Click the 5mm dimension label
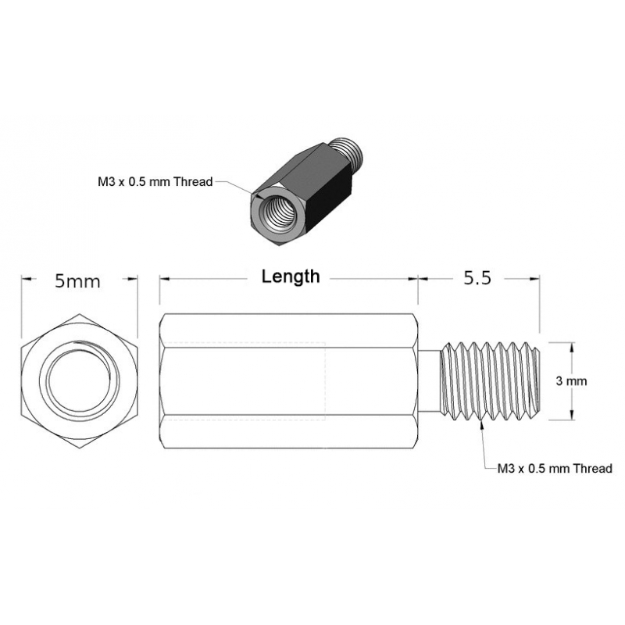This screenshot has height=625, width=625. pos(77,281)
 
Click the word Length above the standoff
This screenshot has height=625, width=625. pos(291,277)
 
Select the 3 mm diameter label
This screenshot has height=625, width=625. pos(570,381)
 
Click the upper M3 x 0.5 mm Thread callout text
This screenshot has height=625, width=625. pos(155,182)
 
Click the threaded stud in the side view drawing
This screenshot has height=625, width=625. pos(491,380)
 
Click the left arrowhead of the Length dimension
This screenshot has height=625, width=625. pos(164,279)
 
